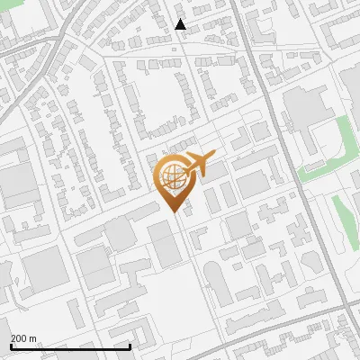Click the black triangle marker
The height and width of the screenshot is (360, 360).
tap(181, 24)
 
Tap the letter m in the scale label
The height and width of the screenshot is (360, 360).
tap(33, 338)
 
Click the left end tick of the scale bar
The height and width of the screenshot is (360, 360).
tap(11, 346)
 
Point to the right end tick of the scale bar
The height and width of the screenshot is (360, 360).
tap(130, 346)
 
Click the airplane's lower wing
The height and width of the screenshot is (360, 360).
tap(194, 173)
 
